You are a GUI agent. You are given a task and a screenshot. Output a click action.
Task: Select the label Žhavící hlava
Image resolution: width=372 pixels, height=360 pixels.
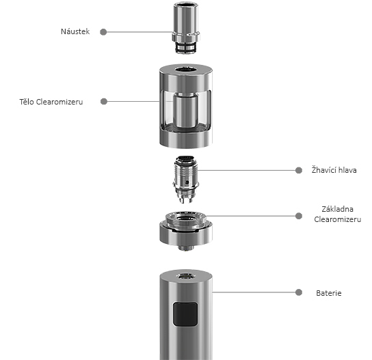click(x=335, y=170)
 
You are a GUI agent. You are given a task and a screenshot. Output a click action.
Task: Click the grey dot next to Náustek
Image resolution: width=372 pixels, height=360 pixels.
click(x=103, y=31)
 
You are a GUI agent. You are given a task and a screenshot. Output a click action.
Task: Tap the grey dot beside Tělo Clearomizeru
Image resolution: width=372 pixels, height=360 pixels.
click(x=103, y=102)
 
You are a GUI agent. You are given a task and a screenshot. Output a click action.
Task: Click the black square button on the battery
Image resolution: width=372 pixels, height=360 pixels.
click(x=185, y=315)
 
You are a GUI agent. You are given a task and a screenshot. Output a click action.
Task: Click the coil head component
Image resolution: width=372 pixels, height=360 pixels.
click(x=185, y=179)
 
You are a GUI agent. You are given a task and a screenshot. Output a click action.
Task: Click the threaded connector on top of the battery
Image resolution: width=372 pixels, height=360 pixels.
click(x=186, y=275)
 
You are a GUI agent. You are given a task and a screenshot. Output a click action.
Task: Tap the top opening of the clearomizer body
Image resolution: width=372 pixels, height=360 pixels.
click(x=186, y=69)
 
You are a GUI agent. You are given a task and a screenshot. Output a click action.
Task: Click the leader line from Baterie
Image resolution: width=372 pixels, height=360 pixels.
click(x=253, y=292)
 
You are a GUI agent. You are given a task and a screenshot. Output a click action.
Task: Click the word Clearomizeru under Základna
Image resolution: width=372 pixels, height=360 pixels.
click(x=337, y=219)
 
